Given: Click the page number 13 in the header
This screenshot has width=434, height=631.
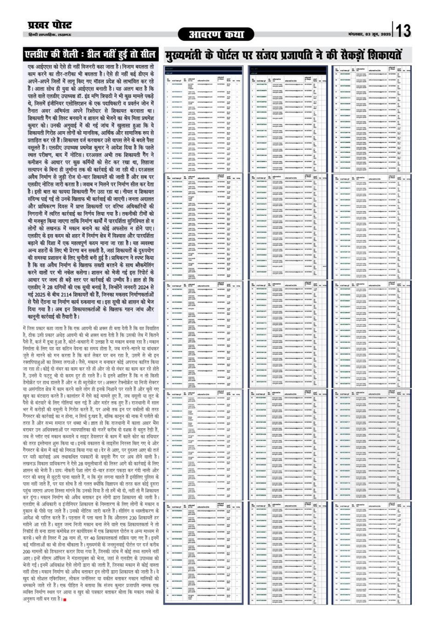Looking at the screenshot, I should pos(403,31).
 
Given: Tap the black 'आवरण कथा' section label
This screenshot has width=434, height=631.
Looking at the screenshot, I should pos(217,34).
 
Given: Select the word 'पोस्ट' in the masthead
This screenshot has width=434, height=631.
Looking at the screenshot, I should pos(60,25).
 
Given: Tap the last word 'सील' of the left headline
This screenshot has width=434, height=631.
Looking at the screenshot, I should pos(147,55).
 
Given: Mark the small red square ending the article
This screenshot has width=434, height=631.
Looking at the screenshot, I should pos(65,599).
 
